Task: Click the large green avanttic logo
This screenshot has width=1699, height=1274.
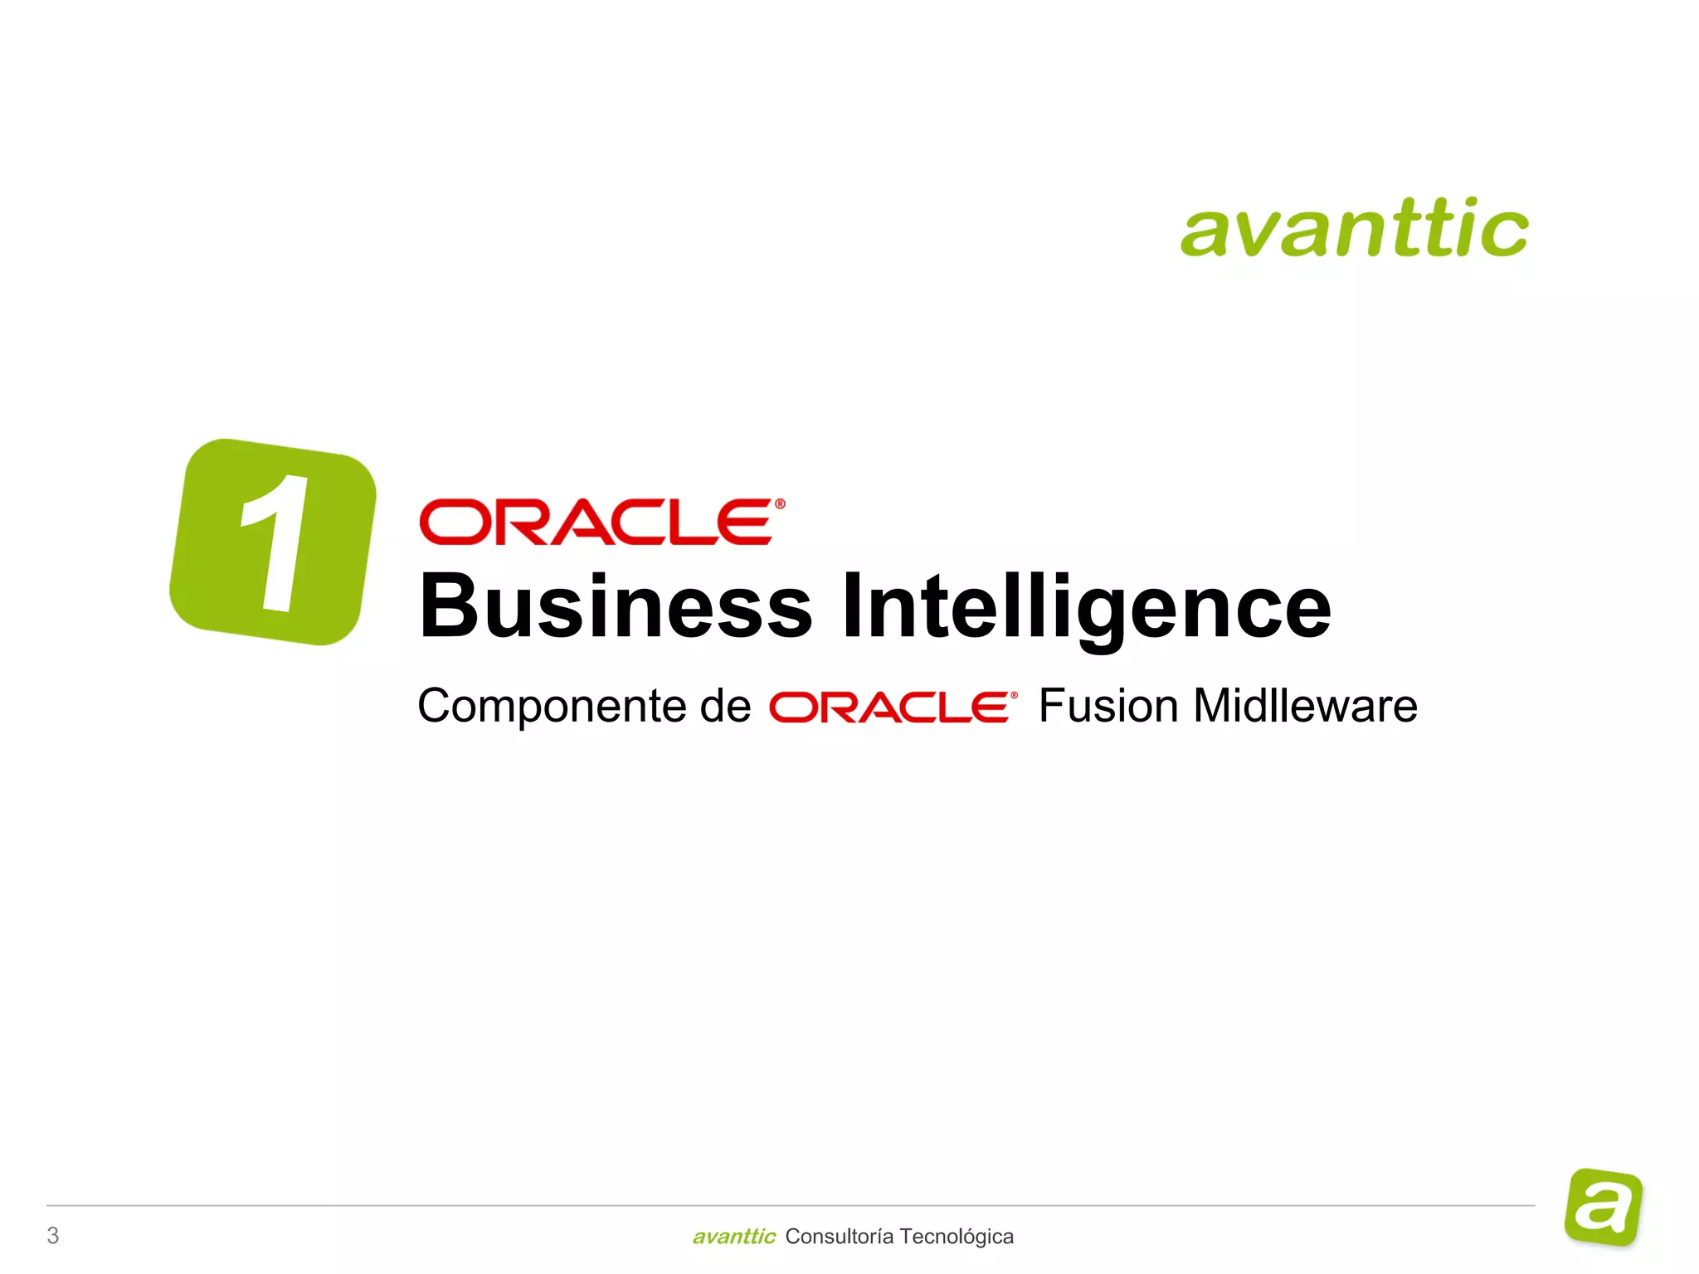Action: (1354, 227)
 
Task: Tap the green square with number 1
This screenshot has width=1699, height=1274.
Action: (273, 542)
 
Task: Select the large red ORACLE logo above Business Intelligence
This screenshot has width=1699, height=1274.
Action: (601, 522)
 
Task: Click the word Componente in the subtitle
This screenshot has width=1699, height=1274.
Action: (553, 707)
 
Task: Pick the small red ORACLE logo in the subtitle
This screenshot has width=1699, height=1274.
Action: (892, 708)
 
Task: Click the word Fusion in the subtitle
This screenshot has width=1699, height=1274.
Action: (1108, 707)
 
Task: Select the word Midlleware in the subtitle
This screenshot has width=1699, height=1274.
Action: (1304, 707)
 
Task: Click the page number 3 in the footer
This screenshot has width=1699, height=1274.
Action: (53, 1236)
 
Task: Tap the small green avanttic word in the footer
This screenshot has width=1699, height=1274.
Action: (733, 1237)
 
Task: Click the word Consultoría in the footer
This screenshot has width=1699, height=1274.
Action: (839, 1237)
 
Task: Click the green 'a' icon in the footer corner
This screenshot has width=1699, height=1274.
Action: (1603, 1207)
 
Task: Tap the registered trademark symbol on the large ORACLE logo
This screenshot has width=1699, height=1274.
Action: (779, 503)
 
